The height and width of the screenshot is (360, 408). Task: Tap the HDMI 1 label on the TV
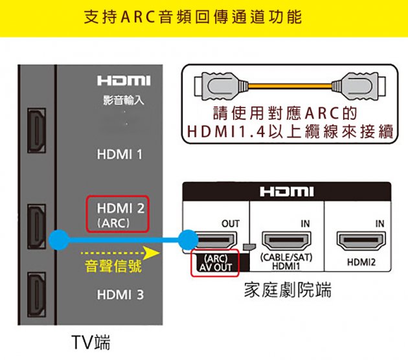point(119,155)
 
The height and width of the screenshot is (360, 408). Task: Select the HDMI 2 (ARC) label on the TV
point(119,215)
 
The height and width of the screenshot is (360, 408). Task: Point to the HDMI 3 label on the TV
point(119,295)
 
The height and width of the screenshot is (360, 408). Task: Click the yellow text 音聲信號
point(114,266)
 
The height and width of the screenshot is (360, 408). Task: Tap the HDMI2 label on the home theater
point(361,262)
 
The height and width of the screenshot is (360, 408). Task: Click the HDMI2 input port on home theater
point(360,242)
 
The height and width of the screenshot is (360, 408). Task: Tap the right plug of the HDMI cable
point(359,84)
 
